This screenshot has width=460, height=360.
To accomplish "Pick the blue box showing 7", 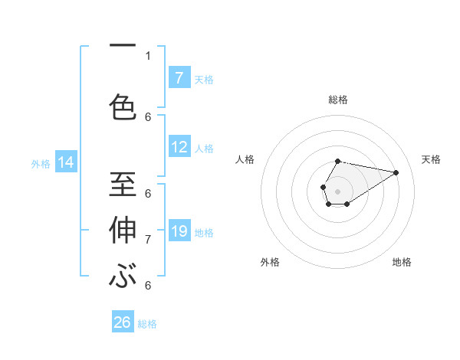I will coord(179,77).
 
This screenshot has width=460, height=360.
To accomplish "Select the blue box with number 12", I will coord(179,147).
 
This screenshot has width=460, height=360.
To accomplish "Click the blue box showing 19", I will coord(179,231).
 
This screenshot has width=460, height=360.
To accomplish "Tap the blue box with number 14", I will coord(66,162).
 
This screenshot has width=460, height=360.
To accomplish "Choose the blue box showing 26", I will coord(123,322).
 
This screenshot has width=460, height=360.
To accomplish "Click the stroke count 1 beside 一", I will coord(148,55).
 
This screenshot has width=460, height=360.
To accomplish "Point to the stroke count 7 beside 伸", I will coord(148,239).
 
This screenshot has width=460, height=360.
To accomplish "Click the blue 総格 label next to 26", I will coord(148,324).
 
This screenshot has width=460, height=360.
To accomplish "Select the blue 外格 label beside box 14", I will coord(41,163).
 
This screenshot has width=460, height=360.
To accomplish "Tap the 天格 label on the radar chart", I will coord(431,159).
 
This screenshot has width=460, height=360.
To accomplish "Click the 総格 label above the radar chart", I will coord(338,100).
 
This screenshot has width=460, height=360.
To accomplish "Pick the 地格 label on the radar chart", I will coord(402,262).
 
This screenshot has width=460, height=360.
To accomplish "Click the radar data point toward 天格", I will coord(396,172).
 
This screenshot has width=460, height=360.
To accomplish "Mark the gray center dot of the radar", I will coord(337,191).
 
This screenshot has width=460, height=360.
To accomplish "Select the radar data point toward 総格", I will coord(338,161).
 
